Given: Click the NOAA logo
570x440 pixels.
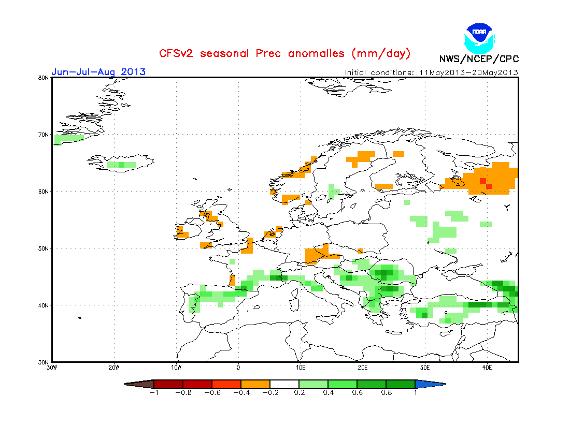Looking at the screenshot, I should (479, 36).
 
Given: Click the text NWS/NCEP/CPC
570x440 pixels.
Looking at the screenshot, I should (479, 59).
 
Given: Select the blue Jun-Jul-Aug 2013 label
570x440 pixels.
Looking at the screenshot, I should (98, 72).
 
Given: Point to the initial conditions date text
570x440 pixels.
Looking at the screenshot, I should (432, 72).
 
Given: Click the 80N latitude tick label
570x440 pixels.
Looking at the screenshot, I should (44, 78).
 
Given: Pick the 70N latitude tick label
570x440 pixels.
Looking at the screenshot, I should (44, 135).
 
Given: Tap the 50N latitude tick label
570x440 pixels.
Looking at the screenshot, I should (44, 248).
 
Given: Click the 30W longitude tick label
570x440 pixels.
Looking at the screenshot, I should (52, 368).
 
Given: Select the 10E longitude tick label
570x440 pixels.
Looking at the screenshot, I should (301, 368).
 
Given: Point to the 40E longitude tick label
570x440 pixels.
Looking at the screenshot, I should (487, 368).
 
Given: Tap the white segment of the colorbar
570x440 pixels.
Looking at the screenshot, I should (284, 384).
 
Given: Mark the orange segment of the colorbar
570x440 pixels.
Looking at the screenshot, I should (255, 384).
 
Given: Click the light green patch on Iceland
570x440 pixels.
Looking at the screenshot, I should (121, 165).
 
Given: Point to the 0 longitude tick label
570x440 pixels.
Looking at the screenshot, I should (238, 368).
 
